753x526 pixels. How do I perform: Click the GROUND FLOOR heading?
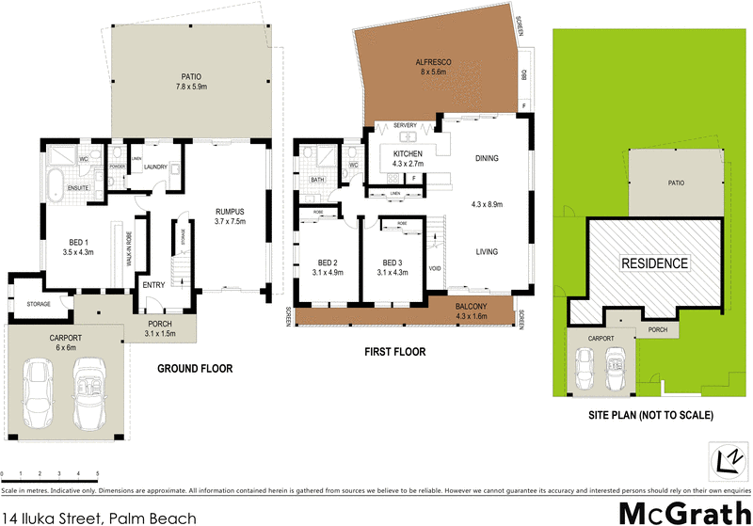point(195,369)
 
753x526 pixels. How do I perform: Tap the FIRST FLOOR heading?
point(394,352)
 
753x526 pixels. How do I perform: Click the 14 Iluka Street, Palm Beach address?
point(100,518)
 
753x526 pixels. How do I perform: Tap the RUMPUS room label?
point(231,211)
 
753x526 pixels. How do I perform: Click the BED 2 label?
point(328,263)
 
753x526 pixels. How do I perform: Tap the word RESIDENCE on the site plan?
point(654,263)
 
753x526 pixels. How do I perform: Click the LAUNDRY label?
point(155,167)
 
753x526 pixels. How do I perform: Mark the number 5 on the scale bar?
point(97,473)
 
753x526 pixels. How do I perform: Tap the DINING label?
point(487,158)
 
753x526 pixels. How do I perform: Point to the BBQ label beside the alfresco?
point(524,73)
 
